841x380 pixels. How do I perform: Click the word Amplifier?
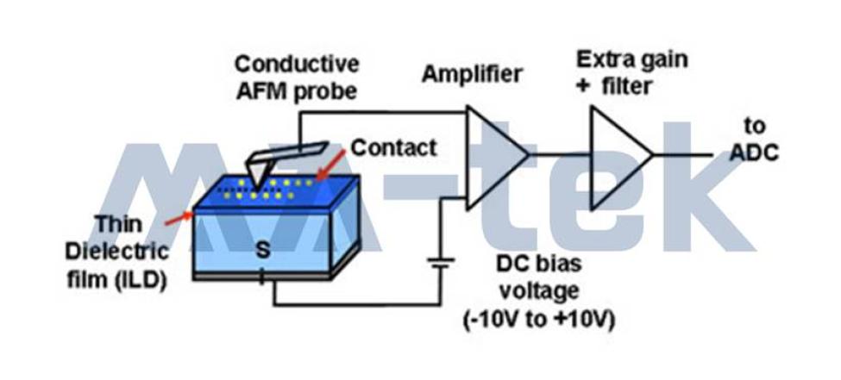click(472, 74)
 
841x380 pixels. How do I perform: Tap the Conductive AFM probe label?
click(297, 78)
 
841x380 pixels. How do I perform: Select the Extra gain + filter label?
click(631, 72)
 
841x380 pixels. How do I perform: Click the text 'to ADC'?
click(754, 140)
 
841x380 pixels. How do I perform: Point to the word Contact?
click(393, 147)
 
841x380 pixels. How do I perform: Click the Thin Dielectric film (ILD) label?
click(117, 252)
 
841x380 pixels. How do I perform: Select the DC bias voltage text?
click(538, 277)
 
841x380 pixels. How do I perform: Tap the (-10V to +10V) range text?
click(538, 321)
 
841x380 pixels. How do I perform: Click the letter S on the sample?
click(262, 250)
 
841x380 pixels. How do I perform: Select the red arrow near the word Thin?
click(179, 219)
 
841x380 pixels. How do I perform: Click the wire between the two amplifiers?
click(560, 154)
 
